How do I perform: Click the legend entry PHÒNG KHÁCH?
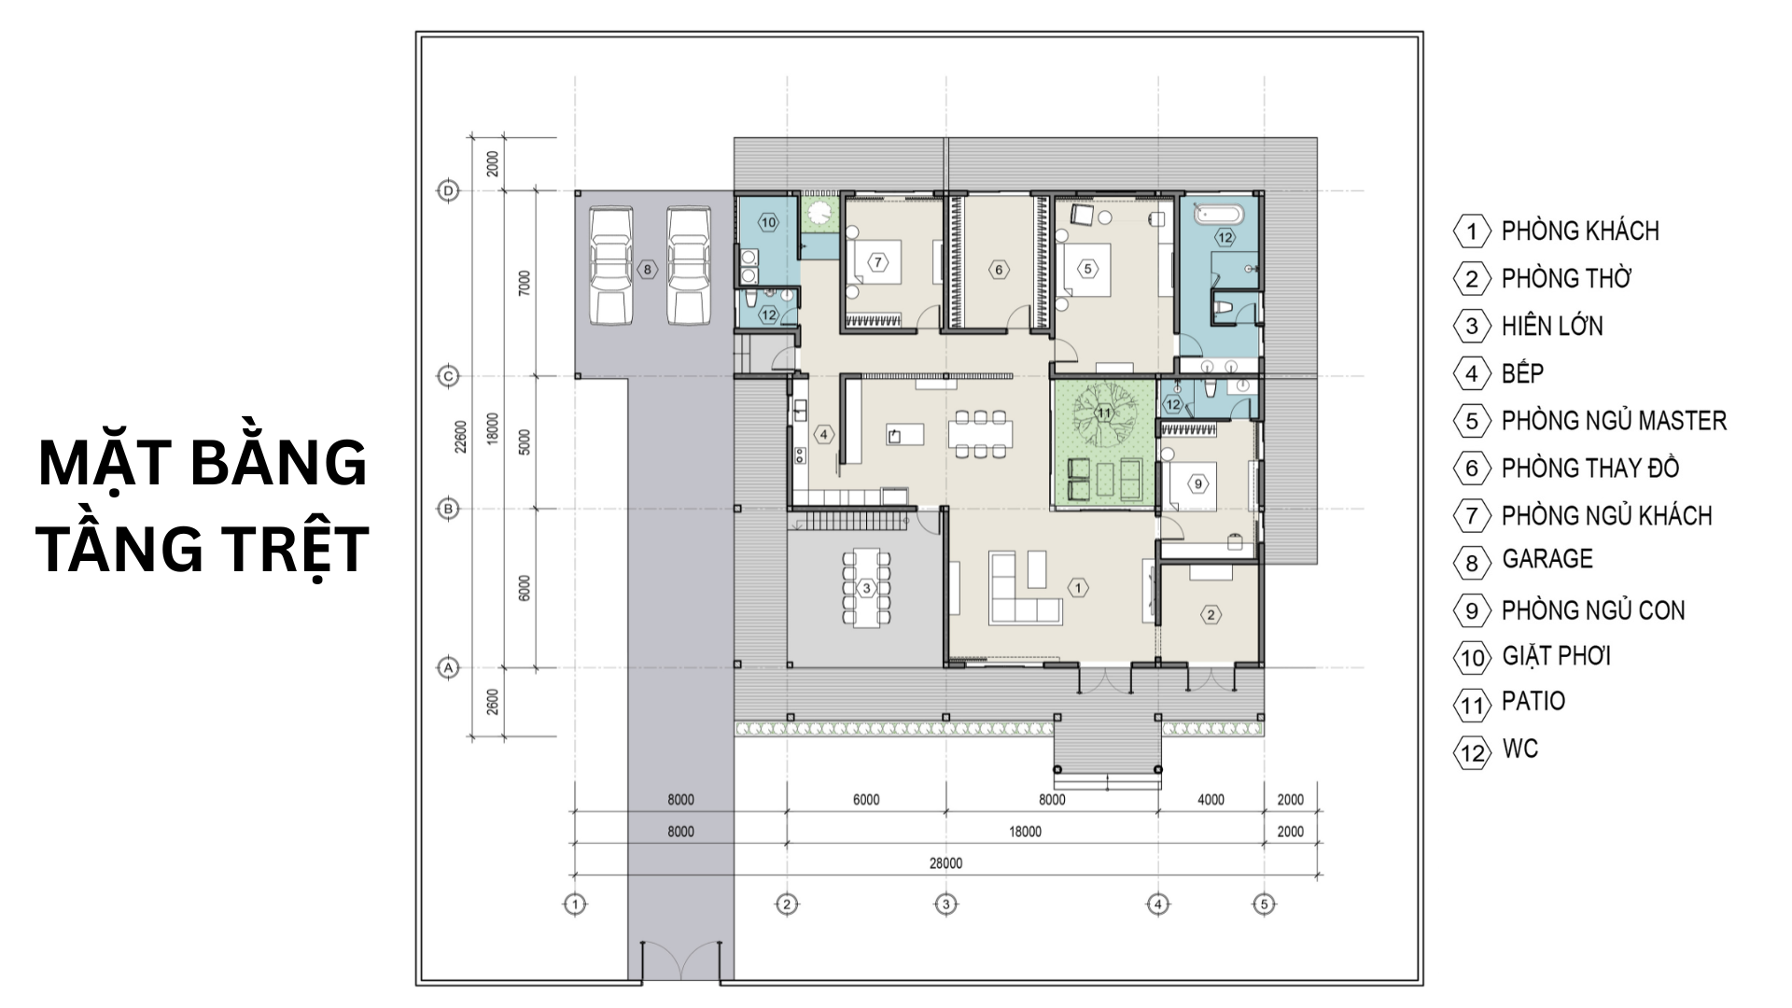click(x=1579, y=231)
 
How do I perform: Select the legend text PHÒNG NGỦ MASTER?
click(x=1614, y=421)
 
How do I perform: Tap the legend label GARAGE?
click(x=1547, y=559)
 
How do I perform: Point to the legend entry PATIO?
click(x=1533, y=701)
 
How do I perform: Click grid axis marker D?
click(x=449, y=191)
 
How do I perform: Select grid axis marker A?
click(x=449, y=668)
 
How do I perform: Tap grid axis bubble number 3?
click(x=946, y=904)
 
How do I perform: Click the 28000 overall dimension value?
click(x=945, y=863)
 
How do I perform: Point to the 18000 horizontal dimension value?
click(x=1025, y=832)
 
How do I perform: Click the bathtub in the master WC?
click(x=1219, y=215)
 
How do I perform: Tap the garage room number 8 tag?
click(x=648, y=271)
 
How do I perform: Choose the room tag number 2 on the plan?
click(x=1211, y=614)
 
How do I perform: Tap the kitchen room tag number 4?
click(x=823, y=434)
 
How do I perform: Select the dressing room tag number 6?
click(x=999, y=271)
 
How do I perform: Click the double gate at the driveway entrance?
click(x=680, y=960)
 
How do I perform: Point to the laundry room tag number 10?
click(x=768, y=223)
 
